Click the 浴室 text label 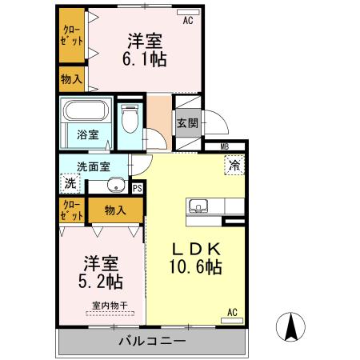[87, 134]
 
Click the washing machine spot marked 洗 [70, 183]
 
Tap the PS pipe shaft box [138, 189]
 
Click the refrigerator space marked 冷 [235, 166]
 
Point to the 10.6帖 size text [195, 267]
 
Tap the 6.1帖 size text [145, 59]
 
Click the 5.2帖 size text [101, 281]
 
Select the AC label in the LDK [232, 310]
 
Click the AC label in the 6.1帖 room [189, 21]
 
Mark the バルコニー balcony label [152, 342]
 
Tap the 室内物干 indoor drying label [105, 305]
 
